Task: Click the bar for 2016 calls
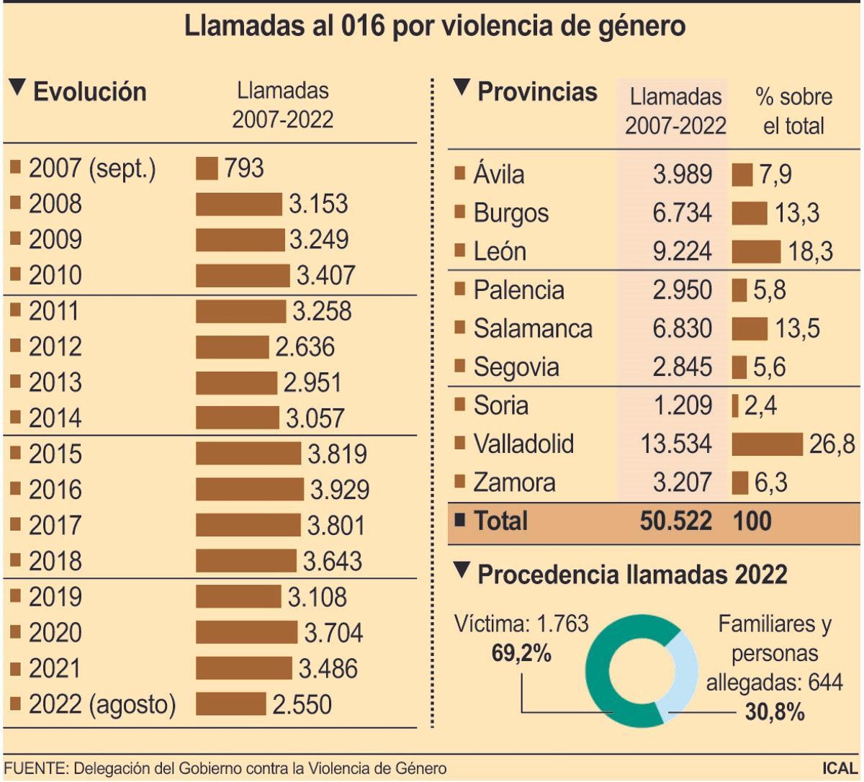(x=249, y=490)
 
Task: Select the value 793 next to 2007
(x=244, y=168)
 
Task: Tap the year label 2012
(x=55, y=347)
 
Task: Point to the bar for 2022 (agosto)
(x=230, y=704)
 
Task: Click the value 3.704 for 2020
(x=333, y=633)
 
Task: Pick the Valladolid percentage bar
(x=767, y=444)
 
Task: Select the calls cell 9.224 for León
(x=682, y=251)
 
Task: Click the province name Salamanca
(x=533, y=328)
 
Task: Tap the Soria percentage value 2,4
(x=760, y=406)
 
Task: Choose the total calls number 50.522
(x=675, y=521)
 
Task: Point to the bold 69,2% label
(x=521, y=652)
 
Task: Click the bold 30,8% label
(x=774, y=712)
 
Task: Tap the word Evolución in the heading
(x=90, y=92)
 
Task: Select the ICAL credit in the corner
(x=840, y=768)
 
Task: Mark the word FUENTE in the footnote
(x=34, y=768)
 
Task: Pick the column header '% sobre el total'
(x=793, y=111)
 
